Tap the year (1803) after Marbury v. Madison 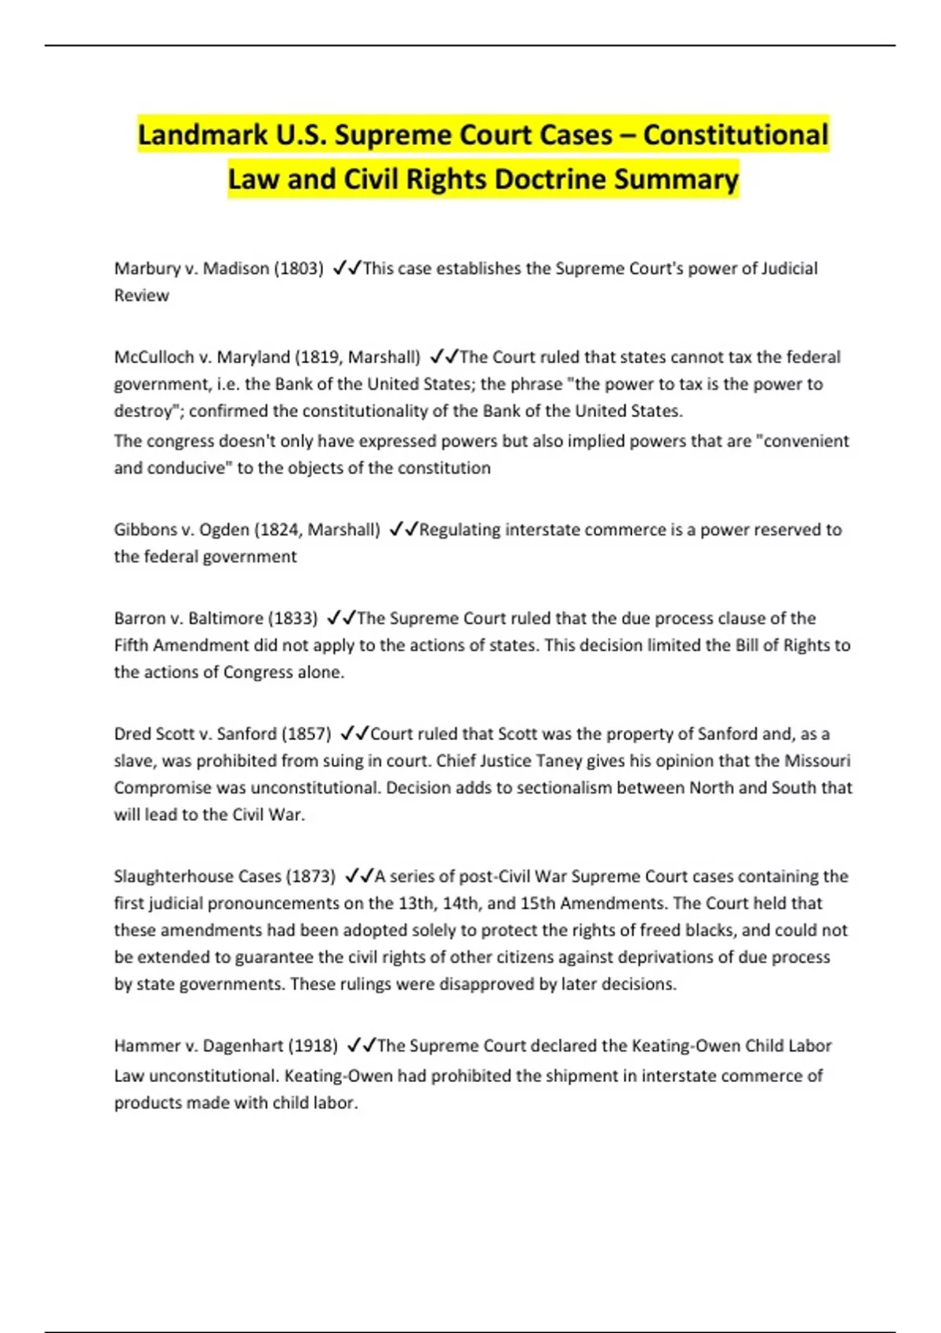(x=298, y=268)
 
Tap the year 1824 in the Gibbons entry (x=279, y=529)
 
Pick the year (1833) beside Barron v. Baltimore (x=292, y=618)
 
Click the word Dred (x=131, y=734)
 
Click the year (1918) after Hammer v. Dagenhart (x=313, y=1045)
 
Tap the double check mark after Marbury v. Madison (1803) (x=346, y=268)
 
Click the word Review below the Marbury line (x=141, y=296)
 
